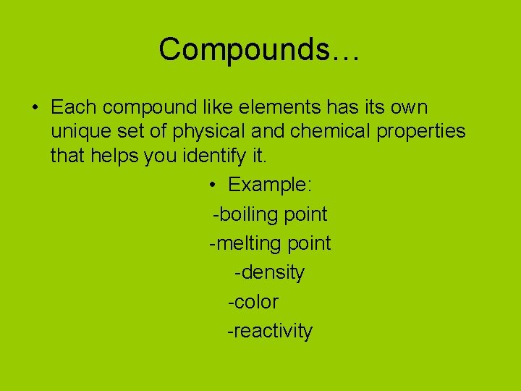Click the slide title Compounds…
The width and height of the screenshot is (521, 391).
point(259,49)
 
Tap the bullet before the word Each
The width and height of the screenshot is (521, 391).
point(34,108)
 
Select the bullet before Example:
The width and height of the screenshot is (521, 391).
point(213,185)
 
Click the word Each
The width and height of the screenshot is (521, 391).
point(74,108)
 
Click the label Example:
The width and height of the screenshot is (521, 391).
point(270,185)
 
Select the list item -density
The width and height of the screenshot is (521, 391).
point(270,273)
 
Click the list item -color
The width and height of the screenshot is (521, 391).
point(253,302)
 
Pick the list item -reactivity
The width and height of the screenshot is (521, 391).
point(270,332)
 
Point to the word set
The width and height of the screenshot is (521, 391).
point(135,132)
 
